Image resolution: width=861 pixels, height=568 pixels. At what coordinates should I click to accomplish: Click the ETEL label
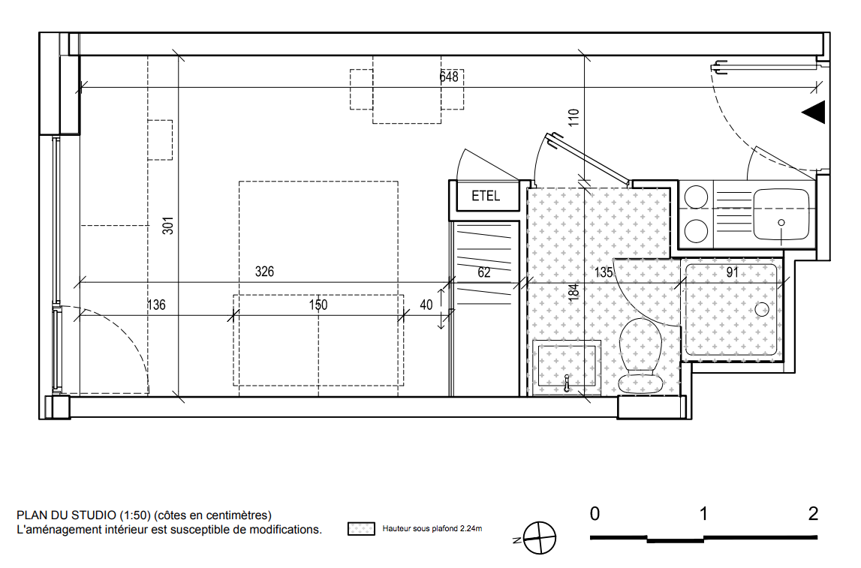click(486, 196)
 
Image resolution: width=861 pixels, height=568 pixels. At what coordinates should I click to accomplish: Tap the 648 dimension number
click(449, 77)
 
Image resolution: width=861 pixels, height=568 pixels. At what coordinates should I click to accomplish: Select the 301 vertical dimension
click(168, 226)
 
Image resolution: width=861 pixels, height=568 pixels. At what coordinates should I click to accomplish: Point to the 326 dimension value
click(264, 272)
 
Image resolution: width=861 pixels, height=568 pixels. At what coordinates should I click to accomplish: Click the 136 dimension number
click(156, 305)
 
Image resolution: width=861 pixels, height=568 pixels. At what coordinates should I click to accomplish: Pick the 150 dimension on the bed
click(318, 305)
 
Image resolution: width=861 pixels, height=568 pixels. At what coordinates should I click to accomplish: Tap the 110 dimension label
click(573, 118)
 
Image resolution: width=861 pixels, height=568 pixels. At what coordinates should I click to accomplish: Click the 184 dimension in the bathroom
click(573, 291)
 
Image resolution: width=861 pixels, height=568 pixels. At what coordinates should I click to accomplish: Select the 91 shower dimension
click(732, 272)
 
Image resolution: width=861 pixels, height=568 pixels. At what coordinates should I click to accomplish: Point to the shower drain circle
click(762, 310)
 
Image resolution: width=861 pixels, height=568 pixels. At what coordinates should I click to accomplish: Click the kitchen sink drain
click(781, 223)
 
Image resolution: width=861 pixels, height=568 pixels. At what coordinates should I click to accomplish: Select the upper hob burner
click(697, 197)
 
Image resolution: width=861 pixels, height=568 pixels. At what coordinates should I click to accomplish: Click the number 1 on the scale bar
click(703, 514)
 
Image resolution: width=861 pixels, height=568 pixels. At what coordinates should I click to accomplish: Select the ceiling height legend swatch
click(361, 529)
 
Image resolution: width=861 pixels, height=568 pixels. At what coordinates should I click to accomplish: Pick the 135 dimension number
click(604, 272)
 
